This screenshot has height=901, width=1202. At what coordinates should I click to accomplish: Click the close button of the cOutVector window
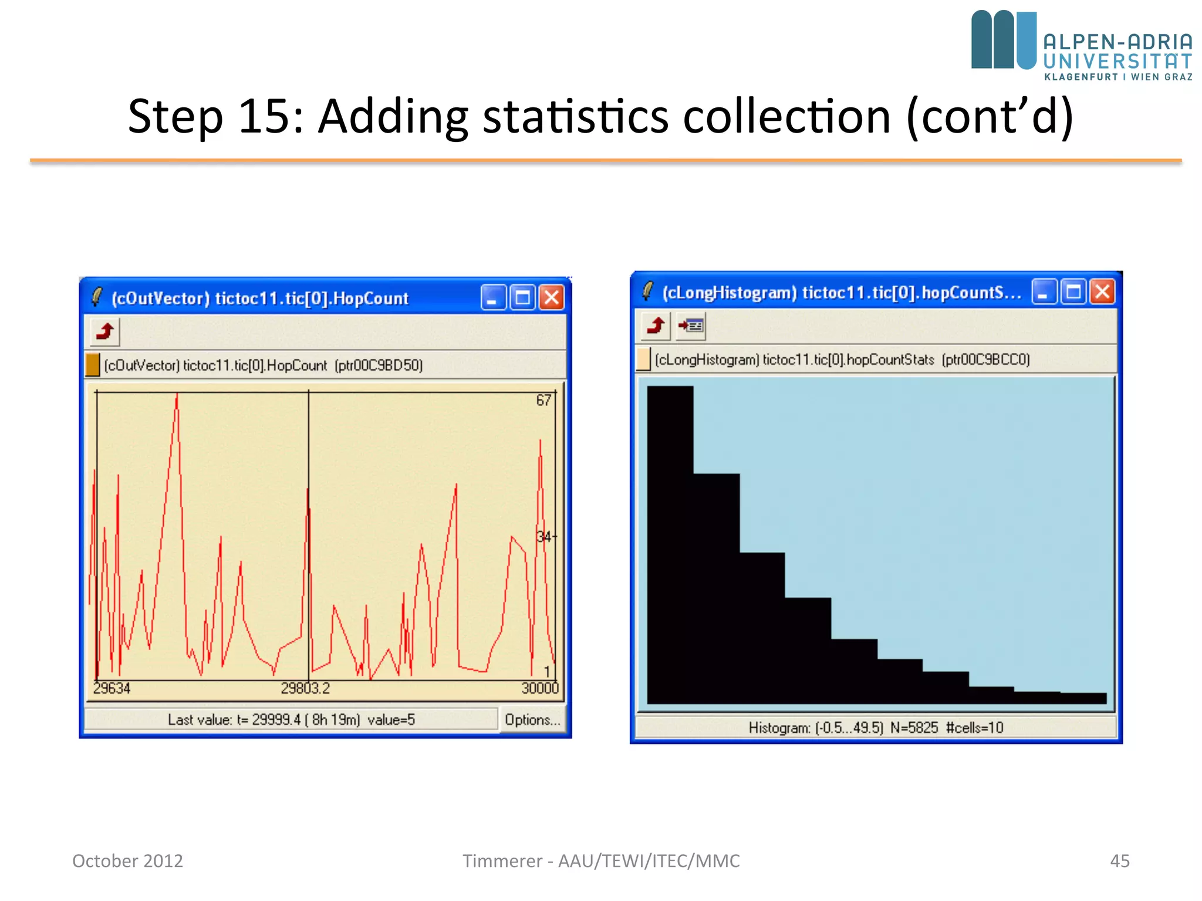coord(552,298)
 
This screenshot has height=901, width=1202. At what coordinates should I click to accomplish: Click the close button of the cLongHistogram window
coord(1102,292)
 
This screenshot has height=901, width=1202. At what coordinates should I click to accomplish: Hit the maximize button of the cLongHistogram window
coord(1073,292)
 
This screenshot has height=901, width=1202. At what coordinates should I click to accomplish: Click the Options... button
coord(532,720)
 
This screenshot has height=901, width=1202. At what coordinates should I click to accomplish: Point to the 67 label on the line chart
coord(543,401)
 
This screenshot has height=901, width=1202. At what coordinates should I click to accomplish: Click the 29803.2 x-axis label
coord(305,688)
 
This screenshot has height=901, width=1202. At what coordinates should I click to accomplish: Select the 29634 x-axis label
coord(112,688)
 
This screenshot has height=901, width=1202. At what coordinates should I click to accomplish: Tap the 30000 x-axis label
coord(540,688)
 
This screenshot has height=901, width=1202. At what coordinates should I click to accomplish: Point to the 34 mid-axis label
coord(544,536)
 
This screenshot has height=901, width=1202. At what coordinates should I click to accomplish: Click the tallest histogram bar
coord(670,546)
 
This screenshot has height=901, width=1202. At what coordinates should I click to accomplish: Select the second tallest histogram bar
coord(716,587)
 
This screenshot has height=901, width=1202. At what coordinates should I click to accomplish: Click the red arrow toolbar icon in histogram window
coord(656,325)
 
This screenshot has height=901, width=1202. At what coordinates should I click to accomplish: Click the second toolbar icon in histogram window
coord(691,325)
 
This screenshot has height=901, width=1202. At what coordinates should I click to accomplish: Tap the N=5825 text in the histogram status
coord(914,728)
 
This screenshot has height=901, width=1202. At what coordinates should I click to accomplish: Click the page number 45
coord(1119,861)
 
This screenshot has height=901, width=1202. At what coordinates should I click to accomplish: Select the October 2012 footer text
coord(127,861)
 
